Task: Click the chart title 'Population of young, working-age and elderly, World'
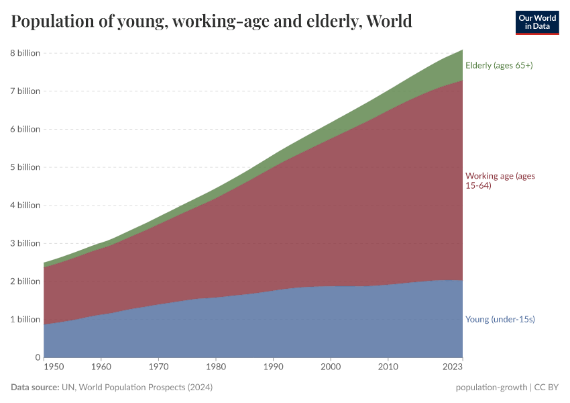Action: click(x=211, y=21)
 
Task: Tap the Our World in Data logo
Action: click(x=537, y=22)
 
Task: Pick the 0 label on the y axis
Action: click(x=37, y=357)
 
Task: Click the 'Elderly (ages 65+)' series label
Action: click(x=499, y=65)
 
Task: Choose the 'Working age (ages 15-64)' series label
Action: click(x=500, y=181)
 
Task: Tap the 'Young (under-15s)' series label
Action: click(x=500, y=320)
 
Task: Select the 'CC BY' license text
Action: click(x=547, y=388)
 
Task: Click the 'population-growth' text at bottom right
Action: click(x=491, y=388)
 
